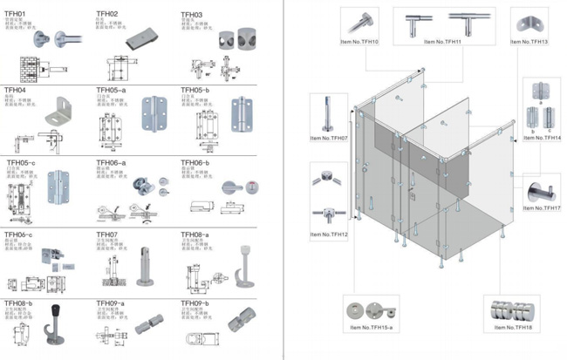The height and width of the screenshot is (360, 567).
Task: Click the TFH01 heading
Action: (16, 12)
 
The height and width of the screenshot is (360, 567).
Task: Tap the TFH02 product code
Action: (107, 14)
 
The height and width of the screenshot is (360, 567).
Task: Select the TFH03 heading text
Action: (191, 15)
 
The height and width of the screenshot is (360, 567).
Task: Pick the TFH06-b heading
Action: (195, 163)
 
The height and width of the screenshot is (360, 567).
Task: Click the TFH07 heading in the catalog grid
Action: (106, 234)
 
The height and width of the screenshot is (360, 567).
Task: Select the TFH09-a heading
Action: (110, 303)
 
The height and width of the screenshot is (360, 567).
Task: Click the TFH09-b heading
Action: (195, 303)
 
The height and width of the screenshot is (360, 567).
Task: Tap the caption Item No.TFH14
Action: (543, 139)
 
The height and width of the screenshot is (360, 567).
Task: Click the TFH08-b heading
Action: (18, 303)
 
